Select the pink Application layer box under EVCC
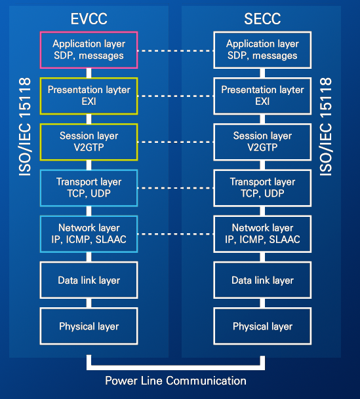pyautogui.click(x=89, y=50)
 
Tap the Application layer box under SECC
pyautogui.click(x=262, y=50)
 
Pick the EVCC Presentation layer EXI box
pyautogui.click(x=89, y=96)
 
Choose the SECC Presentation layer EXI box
pyautogui.click(x=262, y=96)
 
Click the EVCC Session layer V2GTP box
pyautogui.click(x=89, y=142)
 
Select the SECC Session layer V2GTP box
pyautogui.click(x=262, y=142)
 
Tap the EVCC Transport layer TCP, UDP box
pyautogui.click(x=89, y=188)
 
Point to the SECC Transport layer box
pyautogui.click(x=262, y=188)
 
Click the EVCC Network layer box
pyautogui.click(x=89, y=234)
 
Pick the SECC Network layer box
pyautogui.click(x=262, y=234)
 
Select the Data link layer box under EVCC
pyautogui.click(x=89, y=280)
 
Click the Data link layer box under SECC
pyautogui.click(x=262, y=280)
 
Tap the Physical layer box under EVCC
pyautogui.click(x=89, y=326)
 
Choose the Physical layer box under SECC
pyautogui.click(x=262, y=326)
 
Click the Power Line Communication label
pyautogui.click(x=176, y=381)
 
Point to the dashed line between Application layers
pyautogui.click(x=175, y=50)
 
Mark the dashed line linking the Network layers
pyautogui.click(x=175, y=234)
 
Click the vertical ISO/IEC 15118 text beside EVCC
pyautogui.click(x=25, y=128)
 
